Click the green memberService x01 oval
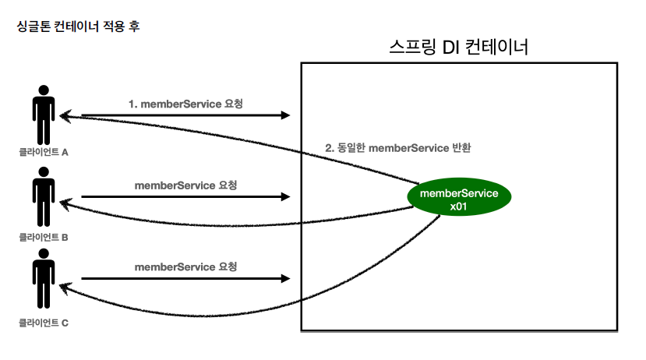tap(458, 199)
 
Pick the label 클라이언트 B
tap(44, 236)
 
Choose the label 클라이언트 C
tap(44, 321)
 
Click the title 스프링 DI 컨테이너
tap(458, 47)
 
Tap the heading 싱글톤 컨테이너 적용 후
tap(78, 26)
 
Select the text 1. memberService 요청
tap(185, 103)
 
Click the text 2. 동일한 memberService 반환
tap(398, 147)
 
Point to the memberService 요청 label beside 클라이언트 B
tap(185, 185)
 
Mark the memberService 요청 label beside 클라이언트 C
tap(185, 266)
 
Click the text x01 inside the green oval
tap(458, 206)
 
